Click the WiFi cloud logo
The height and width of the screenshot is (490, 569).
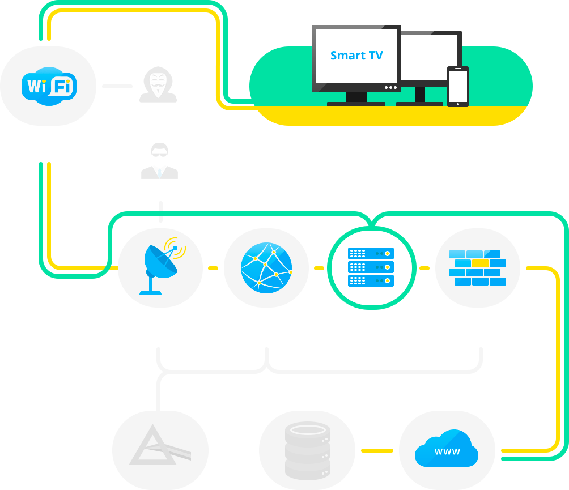click(49, 87)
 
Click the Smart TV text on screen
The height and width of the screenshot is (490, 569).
click(356, 56)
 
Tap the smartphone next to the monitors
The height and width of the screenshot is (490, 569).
click(458, 87)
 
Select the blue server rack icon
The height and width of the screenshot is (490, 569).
click(371, 266)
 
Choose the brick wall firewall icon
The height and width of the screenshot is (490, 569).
click(477, 267)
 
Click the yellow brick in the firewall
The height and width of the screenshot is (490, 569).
click(480, 263)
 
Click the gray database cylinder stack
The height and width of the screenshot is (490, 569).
click(307, 450)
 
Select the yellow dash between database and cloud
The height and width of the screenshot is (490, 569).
click(377, 450)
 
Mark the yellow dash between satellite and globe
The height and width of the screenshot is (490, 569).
click(213, 268)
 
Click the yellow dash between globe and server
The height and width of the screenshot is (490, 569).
click(319, 268)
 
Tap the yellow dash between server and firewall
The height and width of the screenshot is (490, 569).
click(424, 268)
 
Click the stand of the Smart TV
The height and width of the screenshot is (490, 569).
click(356, 99)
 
